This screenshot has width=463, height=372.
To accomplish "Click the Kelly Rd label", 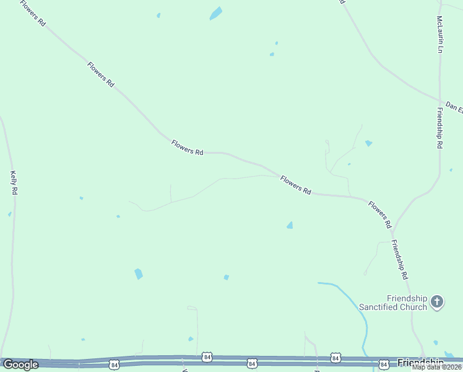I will [x=13, y=183].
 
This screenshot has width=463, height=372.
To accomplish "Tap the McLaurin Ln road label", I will [x=440, y=35].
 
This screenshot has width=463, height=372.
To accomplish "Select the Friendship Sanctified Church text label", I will [x=393, y=303].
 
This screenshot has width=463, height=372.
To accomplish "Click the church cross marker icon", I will [x=437, y=302].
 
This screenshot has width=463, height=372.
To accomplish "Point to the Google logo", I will [x=20, y=365].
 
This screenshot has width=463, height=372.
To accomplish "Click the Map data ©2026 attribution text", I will [x=437, y=367].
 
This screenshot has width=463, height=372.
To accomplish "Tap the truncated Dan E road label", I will [x=454, y=107].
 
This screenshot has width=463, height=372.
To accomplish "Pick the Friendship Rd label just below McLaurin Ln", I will [x=439, y=128].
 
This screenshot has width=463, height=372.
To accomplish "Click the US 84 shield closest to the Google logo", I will [x=114, y=363].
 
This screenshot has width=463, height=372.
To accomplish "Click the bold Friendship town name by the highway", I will [x=420, y=362].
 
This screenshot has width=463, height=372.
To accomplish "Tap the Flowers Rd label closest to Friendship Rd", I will [x=381, y=211].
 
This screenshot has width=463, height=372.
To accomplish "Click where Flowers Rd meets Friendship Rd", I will [x=392, y=226].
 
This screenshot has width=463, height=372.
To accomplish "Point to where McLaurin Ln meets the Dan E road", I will [x=441, y=100].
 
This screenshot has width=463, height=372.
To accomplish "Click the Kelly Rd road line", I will [x=12, y=248].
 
